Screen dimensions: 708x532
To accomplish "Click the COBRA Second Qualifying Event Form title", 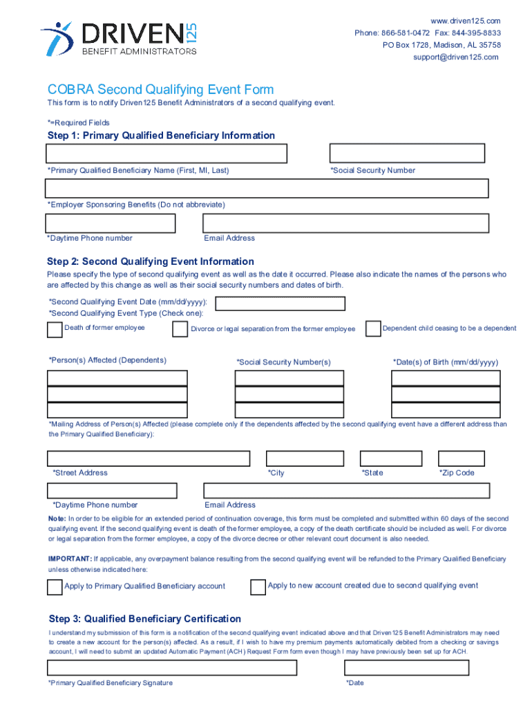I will [x=160, y=90].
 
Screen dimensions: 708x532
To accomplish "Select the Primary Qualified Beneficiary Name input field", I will [x=167, y=153].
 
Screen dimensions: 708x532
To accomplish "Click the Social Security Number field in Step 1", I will [x=408, y=153].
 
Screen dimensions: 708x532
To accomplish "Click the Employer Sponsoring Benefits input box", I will [x=267, y=188].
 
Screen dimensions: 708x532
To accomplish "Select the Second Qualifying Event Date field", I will [x=281, y=304].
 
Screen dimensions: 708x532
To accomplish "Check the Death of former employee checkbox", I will [x=54, y=330].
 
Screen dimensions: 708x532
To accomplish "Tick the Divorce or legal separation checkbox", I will [x=180, y=330].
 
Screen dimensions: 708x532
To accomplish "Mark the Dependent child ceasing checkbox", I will [x=372, y=328].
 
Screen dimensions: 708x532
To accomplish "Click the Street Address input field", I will [x=149, y=458].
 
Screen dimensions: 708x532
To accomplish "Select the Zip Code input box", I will [x=462, y=458].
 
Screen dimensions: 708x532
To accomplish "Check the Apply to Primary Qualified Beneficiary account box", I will [x=54, y=587].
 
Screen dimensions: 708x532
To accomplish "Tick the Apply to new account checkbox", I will [x=258, y=586].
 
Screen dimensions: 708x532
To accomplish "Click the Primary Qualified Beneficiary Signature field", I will [x=172, y=667].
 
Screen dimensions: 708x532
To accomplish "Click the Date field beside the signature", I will [x=406, y=667].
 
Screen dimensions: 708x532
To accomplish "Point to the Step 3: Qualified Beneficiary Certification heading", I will [x=144, y=619].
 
